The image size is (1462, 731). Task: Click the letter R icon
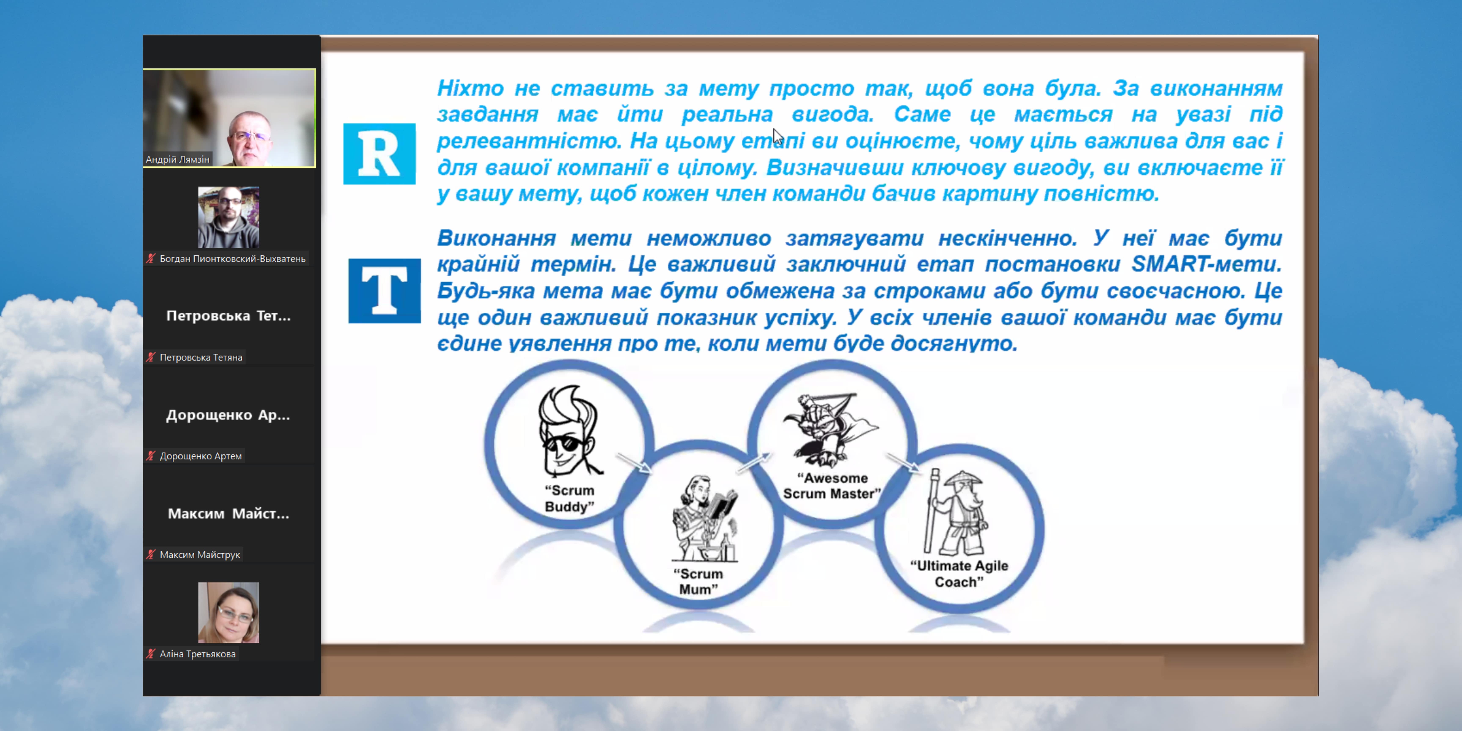(379, 154)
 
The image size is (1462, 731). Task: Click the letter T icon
(384, 291)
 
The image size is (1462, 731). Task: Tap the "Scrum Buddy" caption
(569, 498)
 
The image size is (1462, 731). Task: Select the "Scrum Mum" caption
(698, 582)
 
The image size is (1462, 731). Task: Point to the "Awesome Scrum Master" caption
(832, 486)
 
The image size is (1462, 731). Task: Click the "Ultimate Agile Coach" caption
(959, 574)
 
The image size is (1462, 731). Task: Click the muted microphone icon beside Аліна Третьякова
(150, 654)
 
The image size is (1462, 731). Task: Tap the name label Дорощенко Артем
(200, 456)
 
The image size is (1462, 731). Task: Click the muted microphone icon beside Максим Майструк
(150, 555)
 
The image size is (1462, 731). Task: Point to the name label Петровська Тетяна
(201, 357)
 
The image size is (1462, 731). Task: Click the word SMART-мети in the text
(1206, 264)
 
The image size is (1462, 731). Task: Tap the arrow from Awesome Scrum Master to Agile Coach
(903, 463)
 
